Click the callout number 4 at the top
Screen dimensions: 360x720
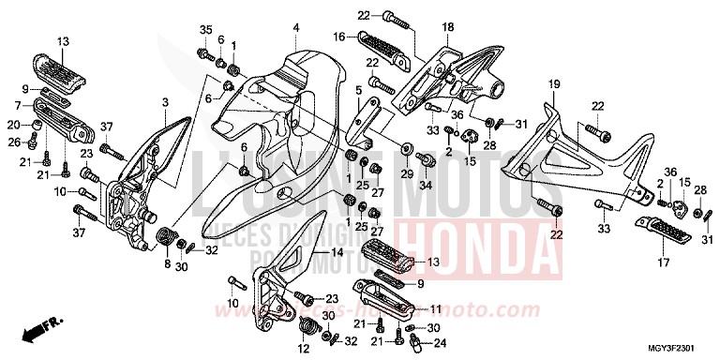point(295,27)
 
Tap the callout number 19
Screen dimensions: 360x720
point(554,84)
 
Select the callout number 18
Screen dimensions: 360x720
point(447,27)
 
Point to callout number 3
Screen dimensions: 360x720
point(165,101)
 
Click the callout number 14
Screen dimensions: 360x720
point(330,253)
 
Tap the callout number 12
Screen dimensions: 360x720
point(303,348)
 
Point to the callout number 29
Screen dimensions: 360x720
point(408,174)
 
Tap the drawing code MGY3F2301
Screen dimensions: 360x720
point(680,347)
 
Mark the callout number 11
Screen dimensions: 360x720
point(435,307)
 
